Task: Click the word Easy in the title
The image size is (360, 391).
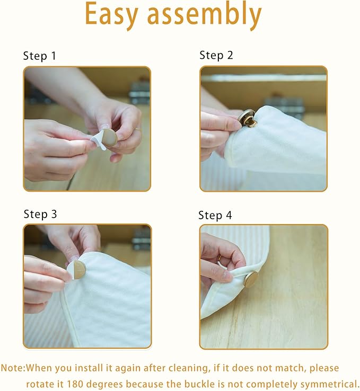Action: (x=111, y=15)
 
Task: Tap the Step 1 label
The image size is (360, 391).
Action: (x=39, y=56)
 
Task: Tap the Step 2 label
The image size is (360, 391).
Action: (x=216, y=55)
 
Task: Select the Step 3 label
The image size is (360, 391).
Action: (x=40, y=215)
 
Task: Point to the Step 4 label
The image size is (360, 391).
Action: (x=215, y=216)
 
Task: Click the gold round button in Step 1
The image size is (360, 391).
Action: (x=110, y=138)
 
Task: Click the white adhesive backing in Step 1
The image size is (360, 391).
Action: (x=98, y=141)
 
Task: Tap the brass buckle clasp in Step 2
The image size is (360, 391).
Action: (x=247, y=118)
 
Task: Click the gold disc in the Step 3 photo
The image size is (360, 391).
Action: (x=78, y=270)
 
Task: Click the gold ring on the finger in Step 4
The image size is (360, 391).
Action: (x=219, y=257)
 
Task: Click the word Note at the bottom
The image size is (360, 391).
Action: (x=13, y=368)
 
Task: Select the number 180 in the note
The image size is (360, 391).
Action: (x=75, y=384)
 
